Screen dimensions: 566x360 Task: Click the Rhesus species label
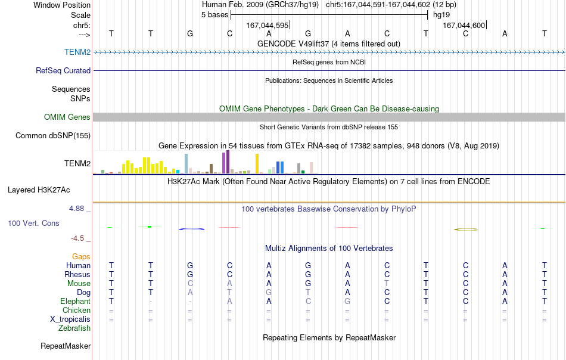(77, 274)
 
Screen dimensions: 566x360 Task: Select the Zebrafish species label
(74, 328)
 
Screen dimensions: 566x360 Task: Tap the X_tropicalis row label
(70, 319)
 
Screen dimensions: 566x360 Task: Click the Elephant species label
(75, 301)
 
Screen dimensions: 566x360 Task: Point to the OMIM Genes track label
(67, 117)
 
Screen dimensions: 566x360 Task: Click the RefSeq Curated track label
(63, 70)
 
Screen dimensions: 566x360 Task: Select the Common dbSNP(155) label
(53, 135)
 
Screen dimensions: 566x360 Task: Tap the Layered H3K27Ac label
(39, 190)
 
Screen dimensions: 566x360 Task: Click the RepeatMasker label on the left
(66, 346)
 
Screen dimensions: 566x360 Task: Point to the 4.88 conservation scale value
(76, 209)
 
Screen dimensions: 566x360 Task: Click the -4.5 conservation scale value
(77, 238)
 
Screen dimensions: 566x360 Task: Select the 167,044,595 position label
(267, 25)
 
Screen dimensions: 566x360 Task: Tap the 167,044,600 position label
(464, 25)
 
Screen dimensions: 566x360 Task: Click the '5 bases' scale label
(214, 15)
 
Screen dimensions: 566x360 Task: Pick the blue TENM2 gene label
(77, 52)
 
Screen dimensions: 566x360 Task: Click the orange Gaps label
(81, 256)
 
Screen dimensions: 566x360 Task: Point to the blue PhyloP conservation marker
(192, 229)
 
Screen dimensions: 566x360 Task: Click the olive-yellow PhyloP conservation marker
(466, 229)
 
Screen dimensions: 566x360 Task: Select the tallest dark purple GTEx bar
(228, 162)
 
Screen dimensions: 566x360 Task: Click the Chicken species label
(76, 310)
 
